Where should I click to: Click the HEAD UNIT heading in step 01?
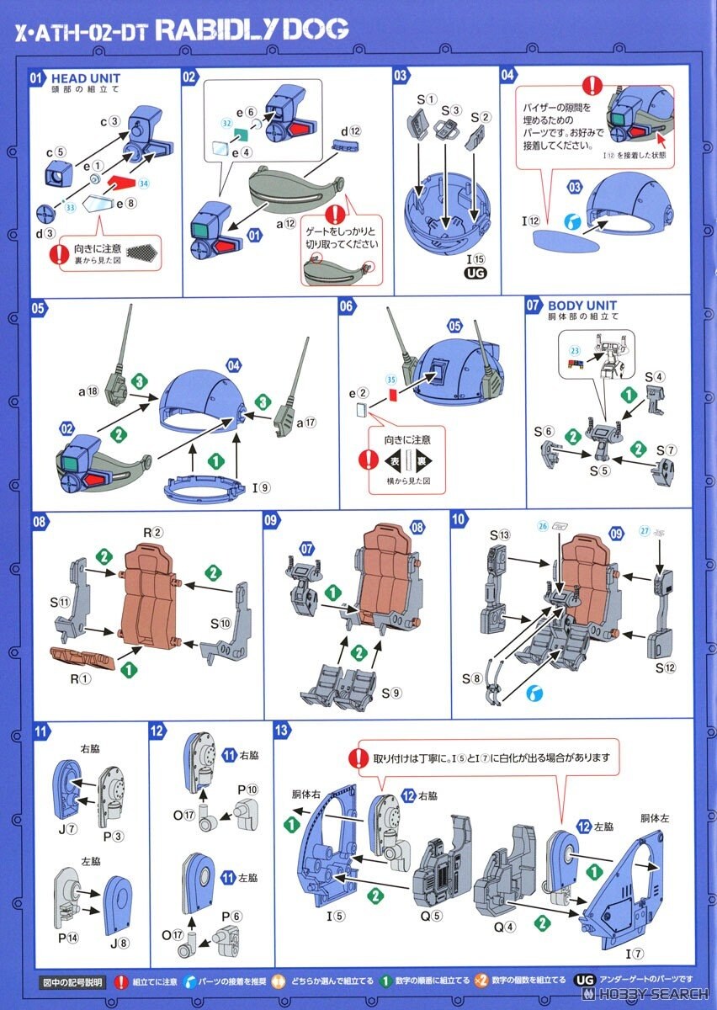pos(84,78)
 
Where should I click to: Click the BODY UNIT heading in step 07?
pos(582,306)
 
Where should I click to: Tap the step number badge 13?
pos(283,730)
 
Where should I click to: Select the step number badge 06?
pos(347,307)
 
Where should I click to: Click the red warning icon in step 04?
pos(594,84)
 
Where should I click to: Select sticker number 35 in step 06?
pos(390,380)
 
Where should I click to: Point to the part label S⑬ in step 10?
pos(501,534)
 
